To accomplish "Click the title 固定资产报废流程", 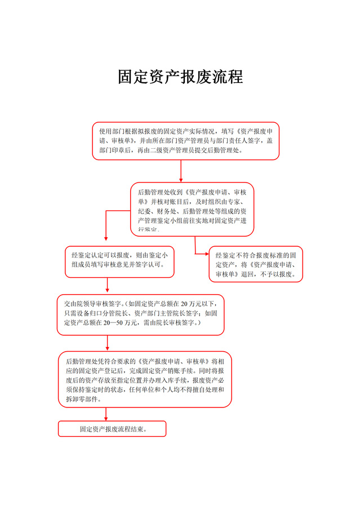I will point(180,77).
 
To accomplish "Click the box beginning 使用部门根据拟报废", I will point(185,141).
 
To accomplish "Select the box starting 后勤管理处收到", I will point(192,209).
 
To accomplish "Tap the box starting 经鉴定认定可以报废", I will point(119,261).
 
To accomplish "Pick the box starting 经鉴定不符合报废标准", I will point(255,264).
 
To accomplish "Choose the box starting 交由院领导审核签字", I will point(140,314).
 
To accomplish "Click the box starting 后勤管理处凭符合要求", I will point(145,379).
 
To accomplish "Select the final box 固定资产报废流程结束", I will point(112,429).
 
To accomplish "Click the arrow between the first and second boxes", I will point(181,171).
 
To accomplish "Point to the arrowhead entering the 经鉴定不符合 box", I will point(206,254).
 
